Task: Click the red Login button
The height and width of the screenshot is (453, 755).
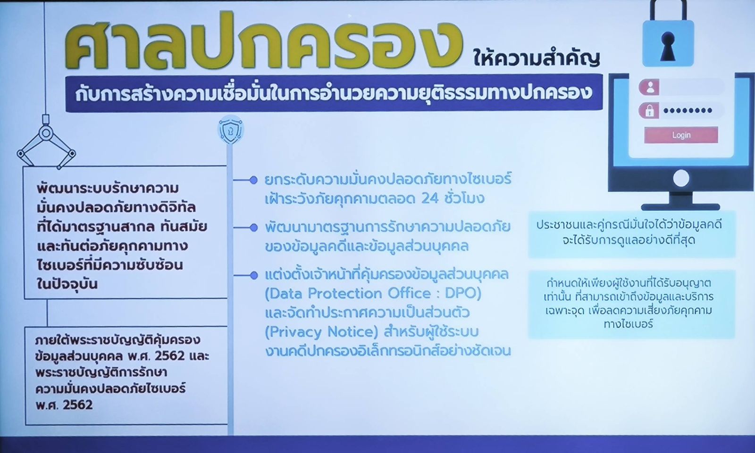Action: click(681, 135)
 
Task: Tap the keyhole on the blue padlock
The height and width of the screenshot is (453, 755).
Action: click(668, 47)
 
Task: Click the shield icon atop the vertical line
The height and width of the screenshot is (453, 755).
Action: click(231, 130)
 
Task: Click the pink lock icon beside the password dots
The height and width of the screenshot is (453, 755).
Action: click(649, 111)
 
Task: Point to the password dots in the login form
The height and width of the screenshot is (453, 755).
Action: click(688, 110)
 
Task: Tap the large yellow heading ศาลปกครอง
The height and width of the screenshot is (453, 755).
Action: click(263, 42)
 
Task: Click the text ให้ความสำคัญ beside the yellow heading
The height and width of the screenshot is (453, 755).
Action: click(537, 57)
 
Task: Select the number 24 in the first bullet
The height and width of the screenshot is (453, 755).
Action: click(430, 198)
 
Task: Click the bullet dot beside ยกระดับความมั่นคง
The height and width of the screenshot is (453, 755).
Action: click(253, 180)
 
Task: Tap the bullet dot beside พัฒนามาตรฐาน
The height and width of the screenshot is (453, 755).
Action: click(253, 228)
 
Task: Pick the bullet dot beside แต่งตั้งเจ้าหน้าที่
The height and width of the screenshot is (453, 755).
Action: click(253, 276)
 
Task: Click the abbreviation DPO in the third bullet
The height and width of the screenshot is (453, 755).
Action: click(460, 294)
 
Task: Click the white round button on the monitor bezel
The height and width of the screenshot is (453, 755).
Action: click(681, 179)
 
